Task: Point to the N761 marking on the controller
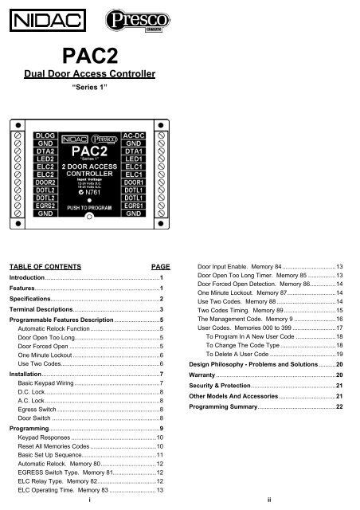pyautogui.click(x=92, y=192)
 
